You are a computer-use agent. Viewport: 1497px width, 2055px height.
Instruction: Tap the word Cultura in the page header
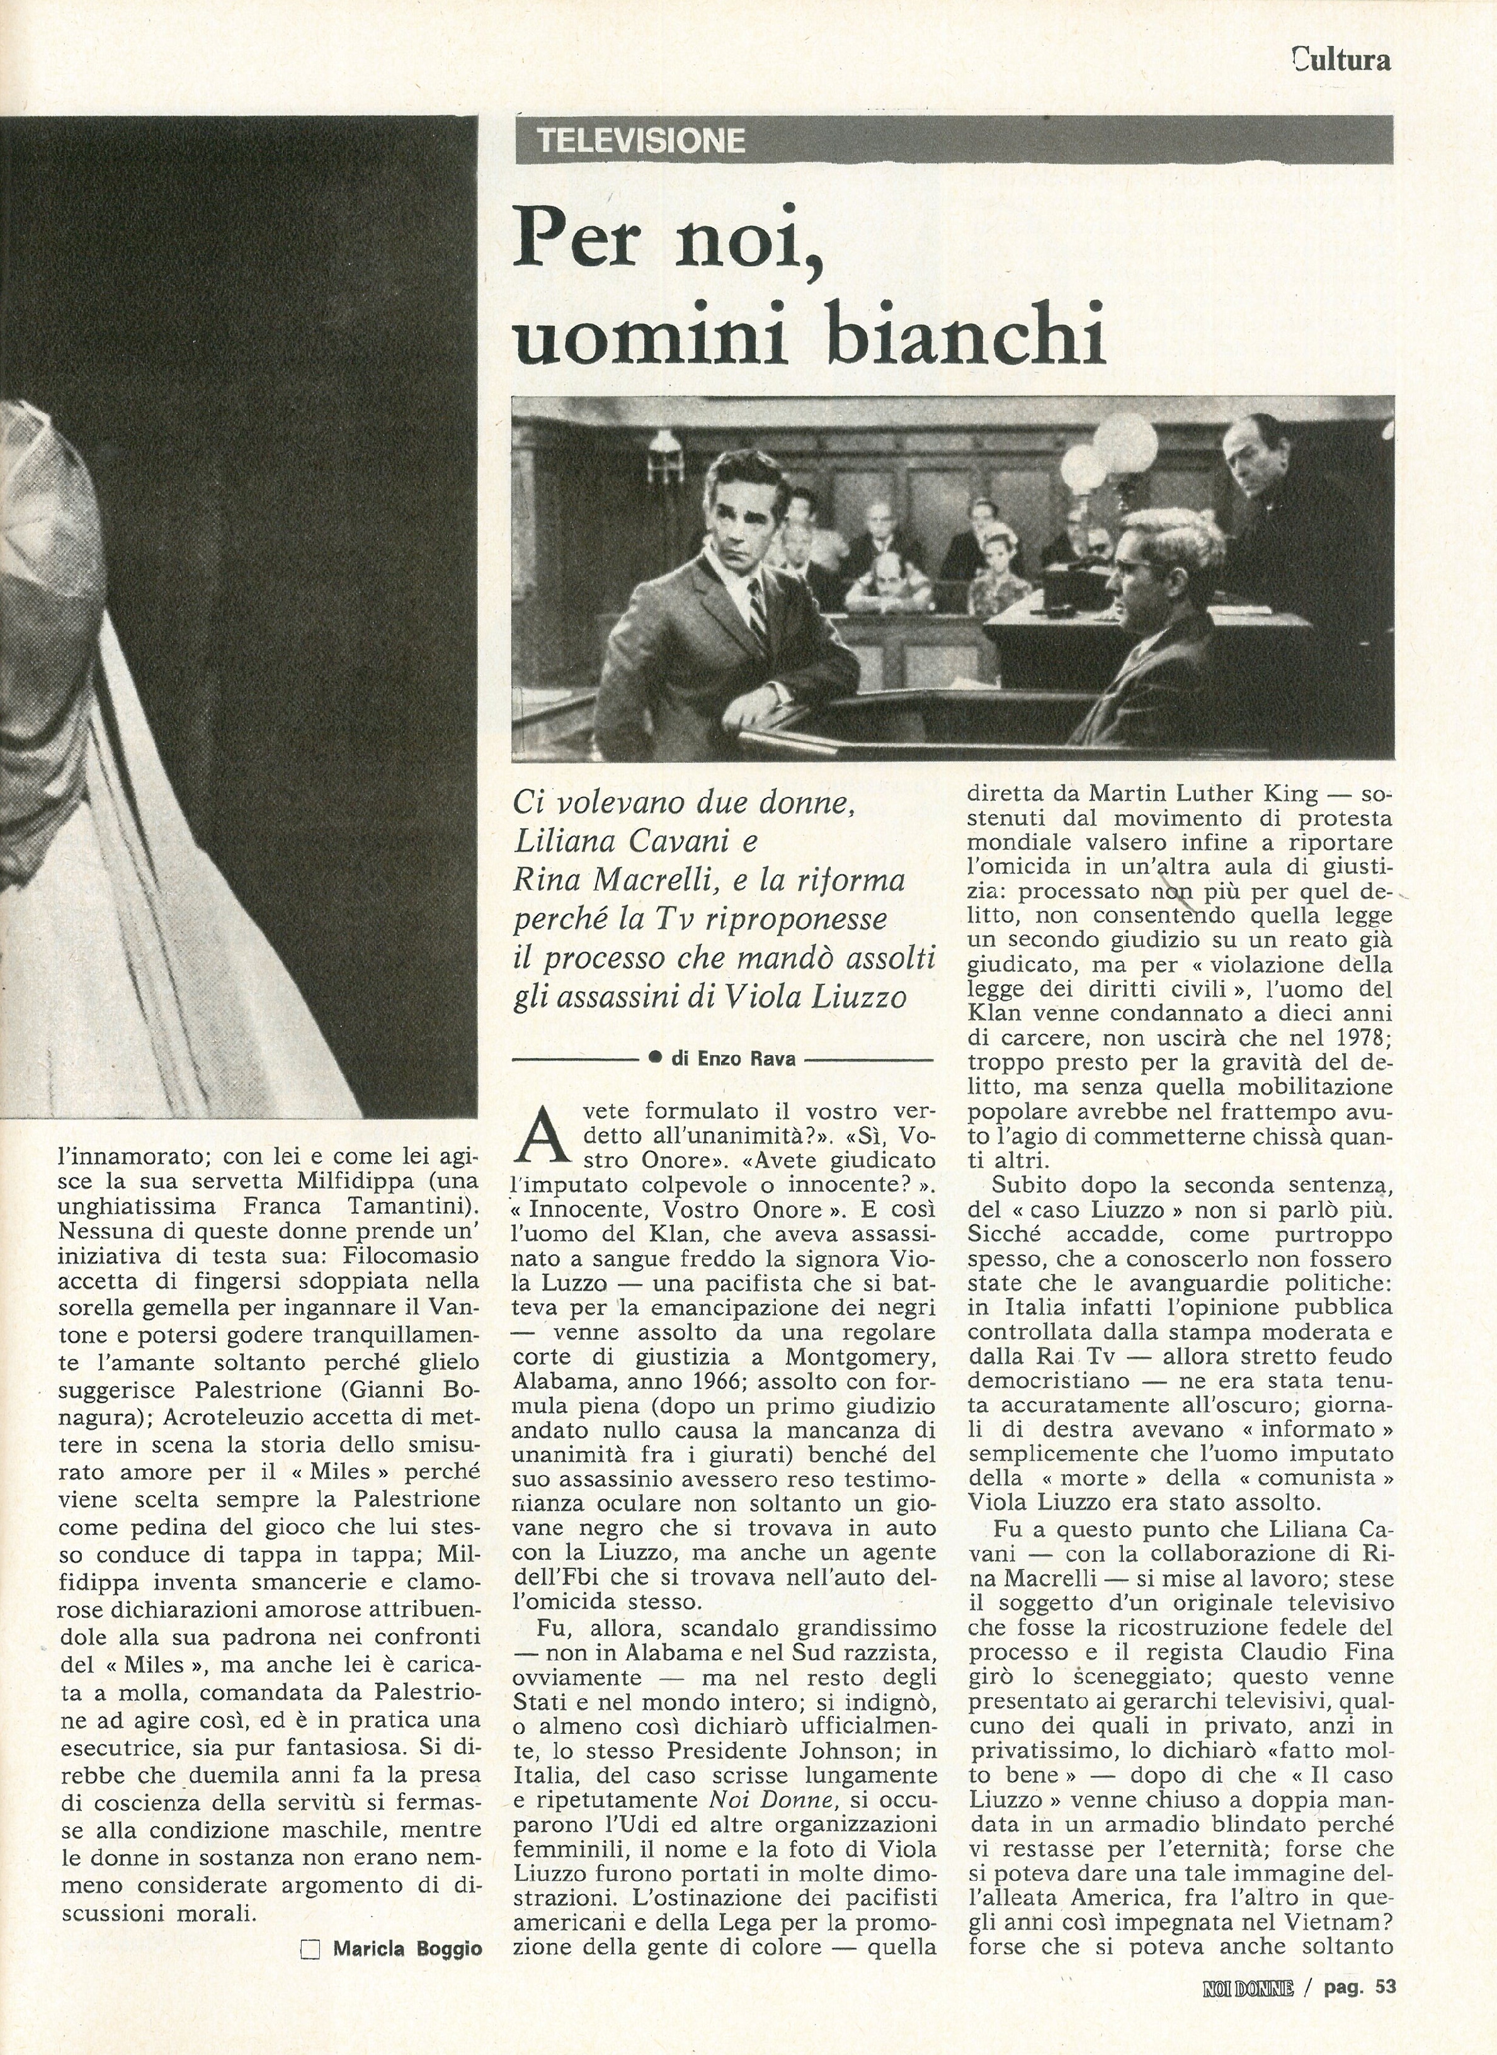tap(1342, 60)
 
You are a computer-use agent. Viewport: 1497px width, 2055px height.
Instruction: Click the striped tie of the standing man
tap(755, 607)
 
